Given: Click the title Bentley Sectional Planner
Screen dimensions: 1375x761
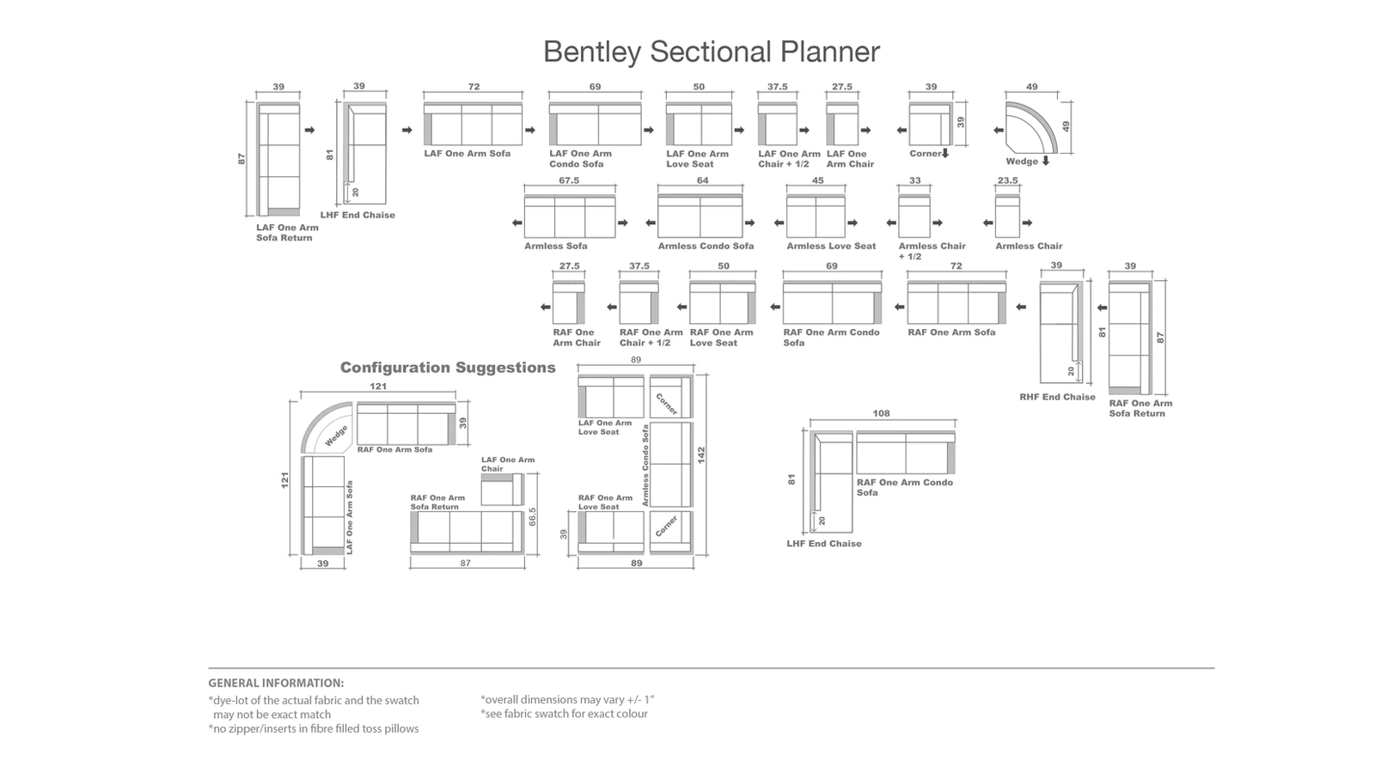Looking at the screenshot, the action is [x=712, y=52].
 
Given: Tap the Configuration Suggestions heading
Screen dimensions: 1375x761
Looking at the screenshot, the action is [x=448, y=368].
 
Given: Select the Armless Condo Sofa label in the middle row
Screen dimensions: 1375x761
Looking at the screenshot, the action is [x=706, y=247].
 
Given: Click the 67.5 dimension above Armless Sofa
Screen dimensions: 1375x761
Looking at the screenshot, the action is [x=569, y=180].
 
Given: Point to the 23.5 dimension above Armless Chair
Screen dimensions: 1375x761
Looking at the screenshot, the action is [x=1007, y=180].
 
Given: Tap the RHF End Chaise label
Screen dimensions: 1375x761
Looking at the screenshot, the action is [x=1057, y=397].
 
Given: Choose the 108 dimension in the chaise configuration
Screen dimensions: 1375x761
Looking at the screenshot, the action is [x=881, y=414].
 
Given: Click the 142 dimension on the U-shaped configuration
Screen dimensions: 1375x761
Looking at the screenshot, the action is [x=701, y=454].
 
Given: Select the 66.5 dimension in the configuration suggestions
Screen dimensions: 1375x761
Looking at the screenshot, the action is [x=532, y=517].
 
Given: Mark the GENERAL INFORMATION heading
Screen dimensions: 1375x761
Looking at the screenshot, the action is [x=276, y=683].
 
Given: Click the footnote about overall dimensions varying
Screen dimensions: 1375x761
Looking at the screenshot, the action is [x=567, y=700].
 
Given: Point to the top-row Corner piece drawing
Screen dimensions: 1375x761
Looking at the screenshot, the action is [x=930, y=124].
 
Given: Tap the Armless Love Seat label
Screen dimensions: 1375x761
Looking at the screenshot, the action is [x=831, y=247].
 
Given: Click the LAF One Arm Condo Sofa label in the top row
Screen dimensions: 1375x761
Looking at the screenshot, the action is [x=581, y=159].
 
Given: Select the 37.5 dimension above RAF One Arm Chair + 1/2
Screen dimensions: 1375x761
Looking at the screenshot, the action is [x=639, y=266].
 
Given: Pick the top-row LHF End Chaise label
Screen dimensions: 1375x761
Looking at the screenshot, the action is [x=357, y=216].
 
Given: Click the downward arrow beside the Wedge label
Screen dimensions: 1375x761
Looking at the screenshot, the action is [x=1045, y=161].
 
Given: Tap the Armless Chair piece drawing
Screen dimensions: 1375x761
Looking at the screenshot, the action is [x=1007, y=216].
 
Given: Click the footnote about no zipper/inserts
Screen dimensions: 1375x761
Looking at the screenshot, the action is [x=313, y=728].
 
